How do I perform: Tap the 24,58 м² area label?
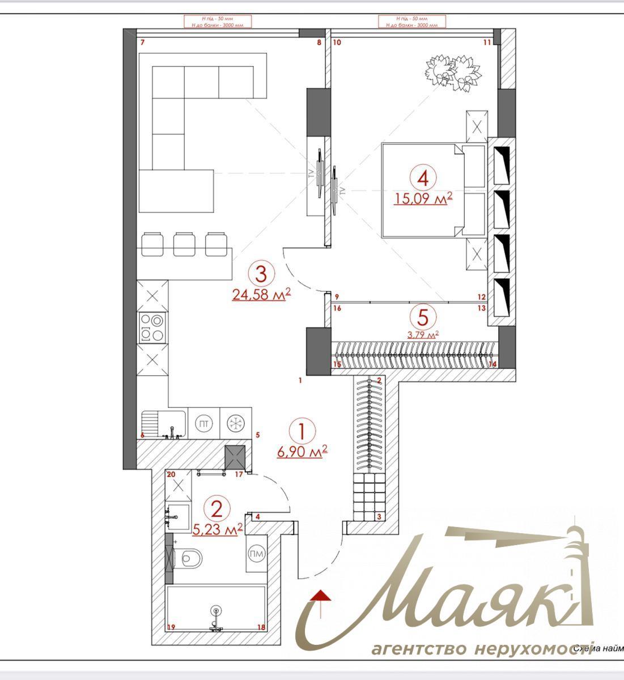tap(261, 294)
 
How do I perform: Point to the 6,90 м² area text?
tap(303, 451)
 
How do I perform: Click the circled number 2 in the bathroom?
tap(217, 508)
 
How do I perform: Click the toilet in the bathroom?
tap(188, 559)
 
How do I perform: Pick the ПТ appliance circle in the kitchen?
tap(202, 423)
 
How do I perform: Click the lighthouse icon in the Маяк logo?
tap(578, 567)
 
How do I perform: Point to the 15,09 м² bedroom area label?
tap(423, 198)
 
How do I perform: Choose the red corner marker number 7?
tap(143, 43)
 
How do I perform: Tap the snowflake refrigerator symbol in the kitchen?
tap(234, 423)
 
